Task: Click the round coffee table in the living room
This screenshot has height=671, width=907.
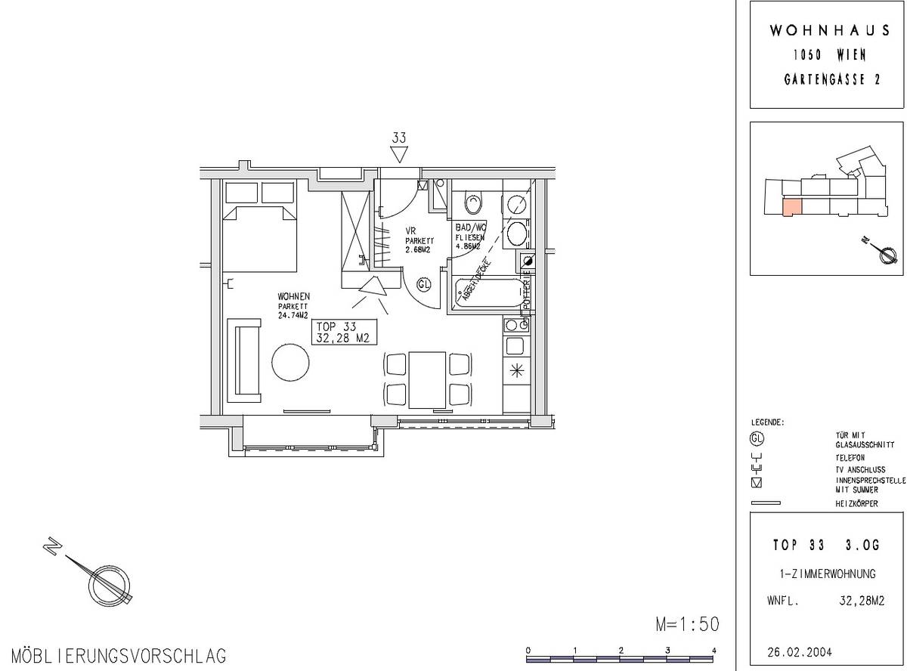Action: pyautogui.click(x=290, y=363)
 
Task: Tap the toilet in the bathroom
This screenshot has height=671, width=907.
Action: pyautogui.click(x=474, y=203)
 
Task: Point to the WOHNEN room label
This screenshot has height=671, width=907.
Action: pyautogui.click(x=293, y=297)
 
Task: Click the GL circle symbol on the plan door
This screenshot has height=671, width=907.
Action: pyautogui.click(x=424, y=285)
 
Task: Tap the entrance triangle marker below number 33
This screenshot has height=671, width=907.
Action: pyautogui.click(x=399, y=155)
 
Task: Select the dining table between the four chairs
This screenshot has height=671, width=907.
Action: pyautogui.click(x=428, y=379)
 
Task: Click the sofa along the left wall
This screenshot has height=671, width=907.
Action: pyautogui.click(x=247, y=360)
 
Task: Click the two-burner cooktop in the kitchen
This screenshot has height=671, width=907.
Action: pyautogui.click(x=516, y=326)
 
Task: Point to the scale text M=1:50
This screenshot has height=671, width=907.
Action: pyautogui.click(x=686, y=624)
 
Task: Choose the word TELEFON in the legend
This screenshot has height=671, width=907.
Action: pyautogui.click(x=850, y=458)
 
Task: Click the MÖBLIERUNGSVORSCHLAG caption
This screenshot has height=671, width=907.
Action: pyautogui.click(x=119, y=655)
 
